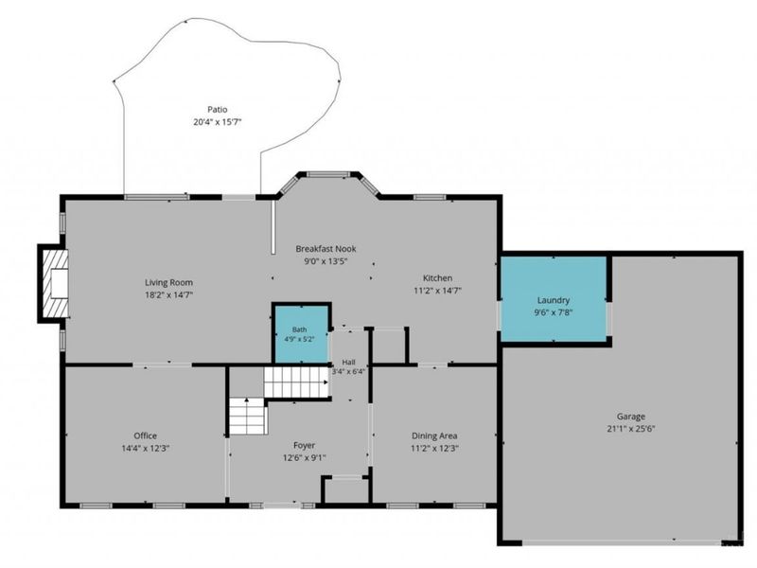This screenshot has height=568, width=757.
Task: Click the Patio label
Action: point(218,110)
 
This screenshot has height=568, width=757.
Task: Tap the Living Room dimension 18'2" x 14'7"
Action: point(169,295)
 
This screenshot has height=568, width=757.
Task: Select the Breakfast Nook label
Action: point(326,249)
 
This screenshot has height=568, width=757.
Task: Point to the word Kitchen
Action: point(437,278)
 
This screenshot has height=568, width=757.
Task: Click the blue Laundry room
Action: point(554,298)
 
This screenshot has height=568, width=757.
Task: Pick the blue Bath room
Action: point(301,334)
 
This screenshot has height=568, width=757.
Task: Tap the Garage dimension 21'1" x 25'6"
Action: point(631,429)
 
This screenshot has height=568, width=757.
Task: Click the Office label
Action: point(146,435)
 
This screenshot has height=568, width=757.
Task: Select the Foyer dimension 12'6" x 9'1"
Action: point(304,457)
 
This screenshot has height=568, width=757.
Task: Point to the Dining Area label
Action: point(434,435)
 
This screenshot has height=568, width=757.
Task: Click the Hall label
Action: point(348,363)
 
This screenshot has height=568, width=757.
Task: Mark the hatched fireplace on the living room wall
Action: point(55,283)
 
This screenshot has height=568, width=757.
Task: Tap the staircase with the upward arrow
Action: point(248,417)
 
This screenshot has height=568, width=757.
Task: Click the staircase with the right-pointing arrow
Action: point(296,382)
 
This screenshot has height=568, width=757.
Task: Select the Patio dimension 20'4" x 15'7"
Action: point(218,122)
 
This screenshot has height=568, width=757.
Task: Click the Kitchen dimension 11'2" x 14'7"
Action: point(437,291)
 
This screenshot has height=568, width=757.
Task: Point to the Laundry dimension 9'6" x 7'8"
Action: point(554,312)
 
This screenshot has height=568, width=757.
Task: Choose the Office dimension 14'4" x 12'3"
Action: point(146,448)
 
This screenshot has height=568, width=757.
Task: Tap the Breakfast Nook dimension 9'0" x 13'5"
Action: point(326,261)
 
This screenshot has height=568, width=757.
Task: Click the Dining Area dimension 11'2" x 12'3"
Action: point(434,448)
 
